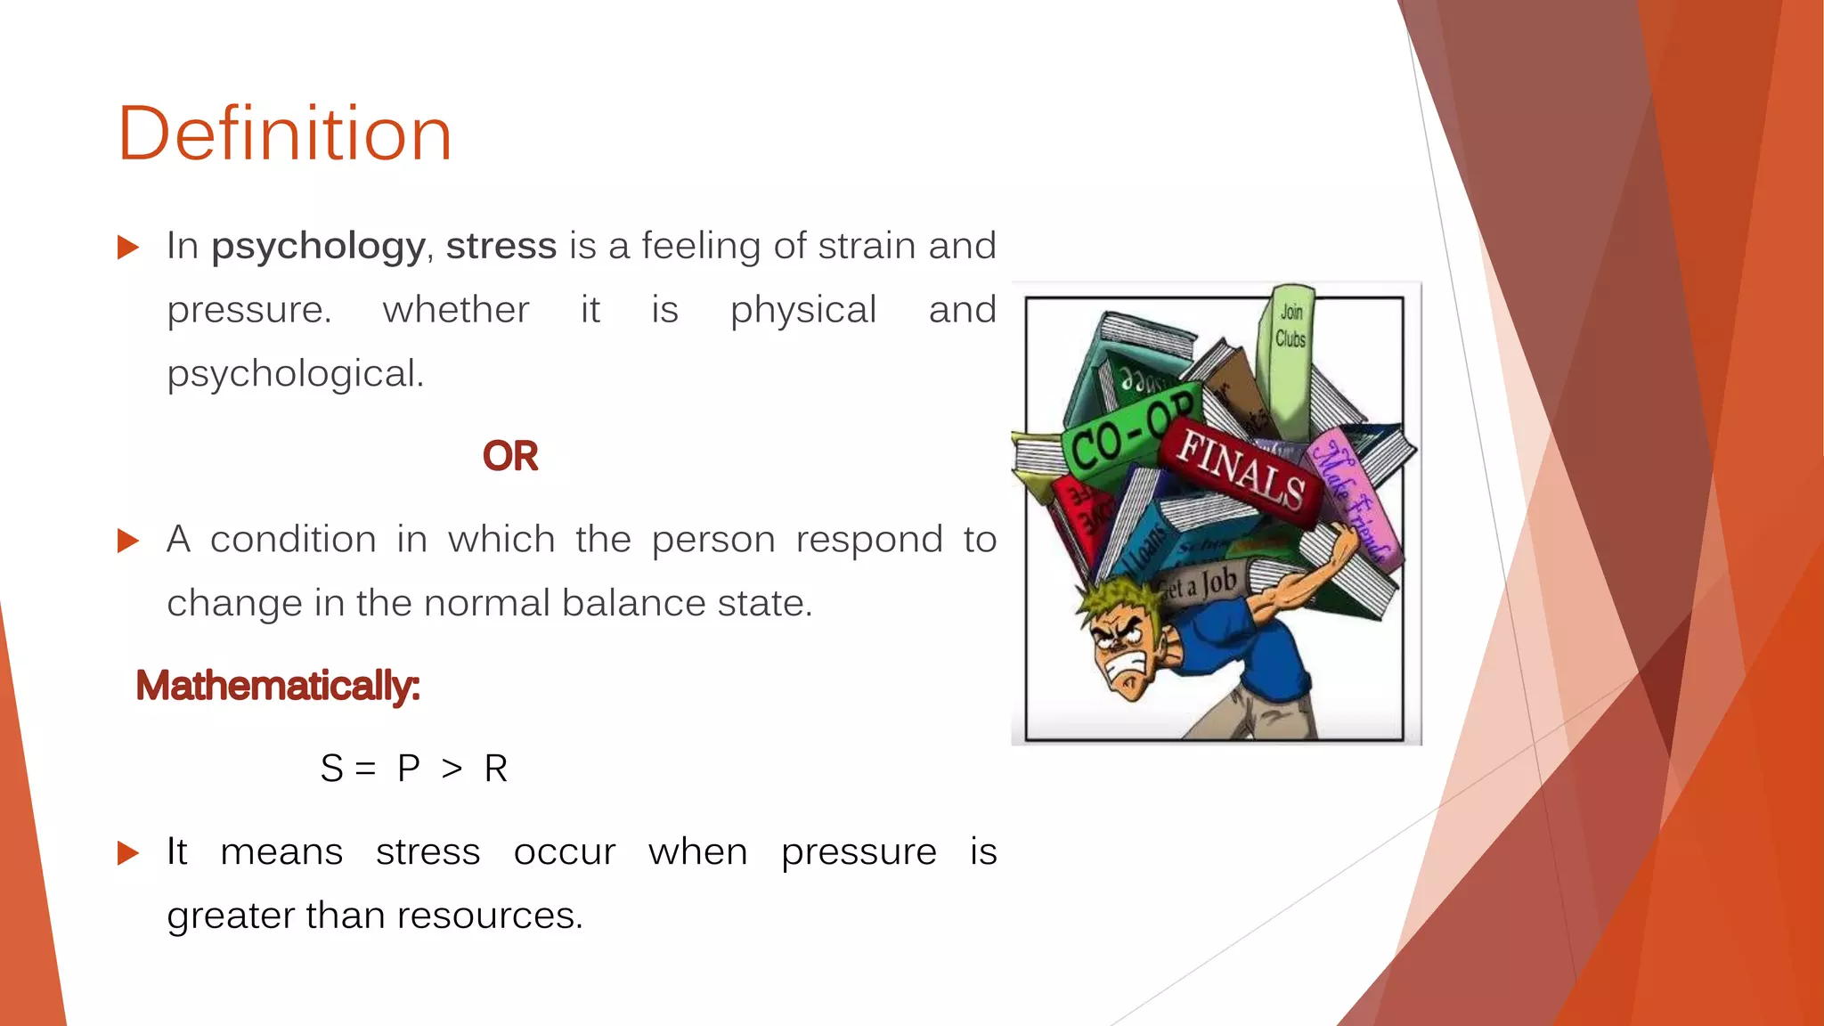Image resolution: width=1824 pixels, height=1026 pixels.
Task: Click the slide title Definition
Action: (285, 134)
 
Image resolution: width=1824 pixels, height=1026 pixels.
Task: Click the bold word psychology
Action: (318, 247)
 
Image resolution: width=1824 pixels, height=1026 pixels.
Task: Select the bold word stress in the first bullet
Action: (501, 246)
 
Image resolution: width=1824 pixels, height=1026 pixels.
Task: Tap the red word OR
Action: (509, 456)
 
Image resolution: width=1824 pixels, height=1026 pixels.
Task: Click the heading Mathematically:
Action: (277, 686)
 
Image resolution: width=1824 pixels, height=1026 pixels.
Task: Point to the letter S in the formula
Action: (331, 768)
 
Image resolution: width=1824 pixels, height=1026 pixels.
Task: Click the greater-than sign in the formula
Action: (452, 768)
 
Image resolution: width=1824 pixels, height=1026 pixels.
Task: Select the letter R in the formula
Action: (496, 768)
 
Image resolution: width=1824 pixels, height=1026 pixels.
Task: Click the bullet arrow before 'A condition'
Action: (128, 541)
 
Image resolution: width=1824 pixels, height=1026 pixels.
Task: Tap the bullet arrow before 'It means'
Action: (128, 853)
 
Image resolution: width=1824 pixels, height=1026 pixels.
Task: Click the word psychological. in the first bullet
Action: (296, 373)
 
